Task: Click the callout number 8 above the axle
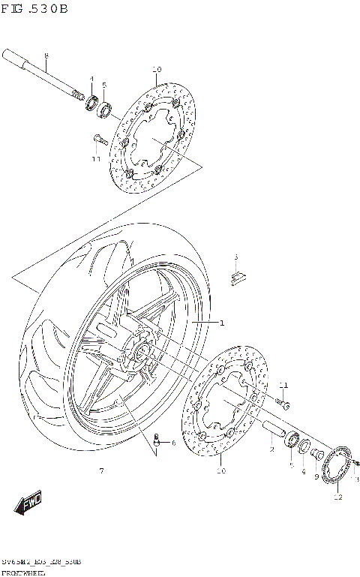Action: tap(46, 56)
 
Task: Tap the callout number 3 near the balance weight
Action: tap(235, 257)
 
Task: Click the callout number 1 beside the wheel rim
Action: tap(222, 323)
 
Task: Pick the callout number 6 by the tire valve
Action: tap(173, 443)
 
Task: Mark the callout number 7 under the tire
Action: tap(101, 470)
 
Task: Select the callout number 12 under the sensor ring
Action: tap(337, 497)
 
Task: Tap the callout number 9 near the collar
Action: tap(316, 476)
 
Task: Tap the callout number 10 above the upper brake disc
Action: tap(157, 70)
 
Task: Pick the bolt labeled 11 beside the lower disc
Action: tap(283, 404)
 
